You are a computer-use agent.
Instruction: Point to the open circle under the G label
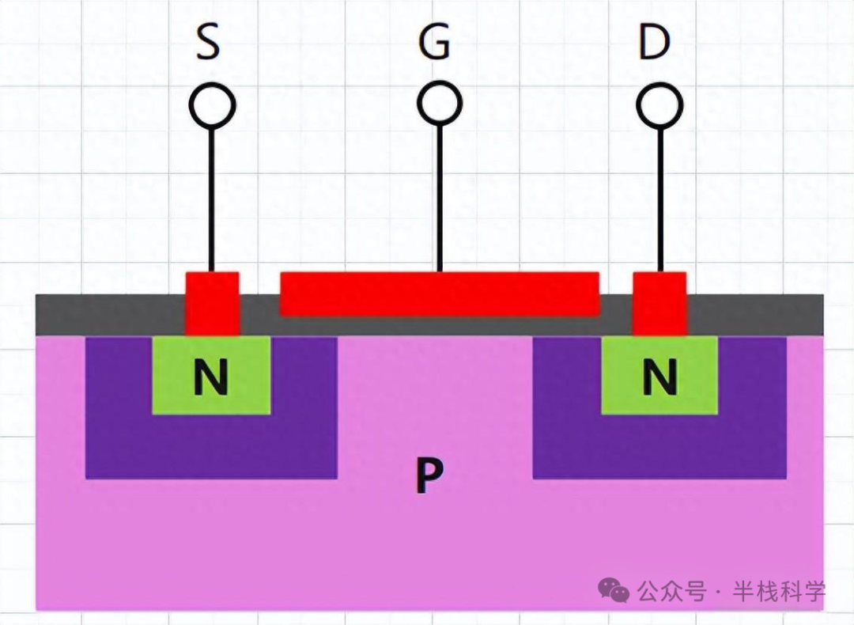440,104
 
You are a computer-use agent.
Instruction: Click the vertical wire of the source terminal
212,198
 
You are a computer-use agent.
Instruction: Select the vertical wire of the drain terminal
660,198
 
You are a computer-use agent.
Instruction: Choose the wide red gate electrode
440,294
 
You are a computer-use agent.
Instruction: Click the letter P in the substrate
429,476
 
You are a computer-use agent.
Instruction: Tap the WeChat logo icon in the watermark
614,589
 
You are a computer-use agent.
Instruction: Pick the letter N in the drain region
659,377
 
